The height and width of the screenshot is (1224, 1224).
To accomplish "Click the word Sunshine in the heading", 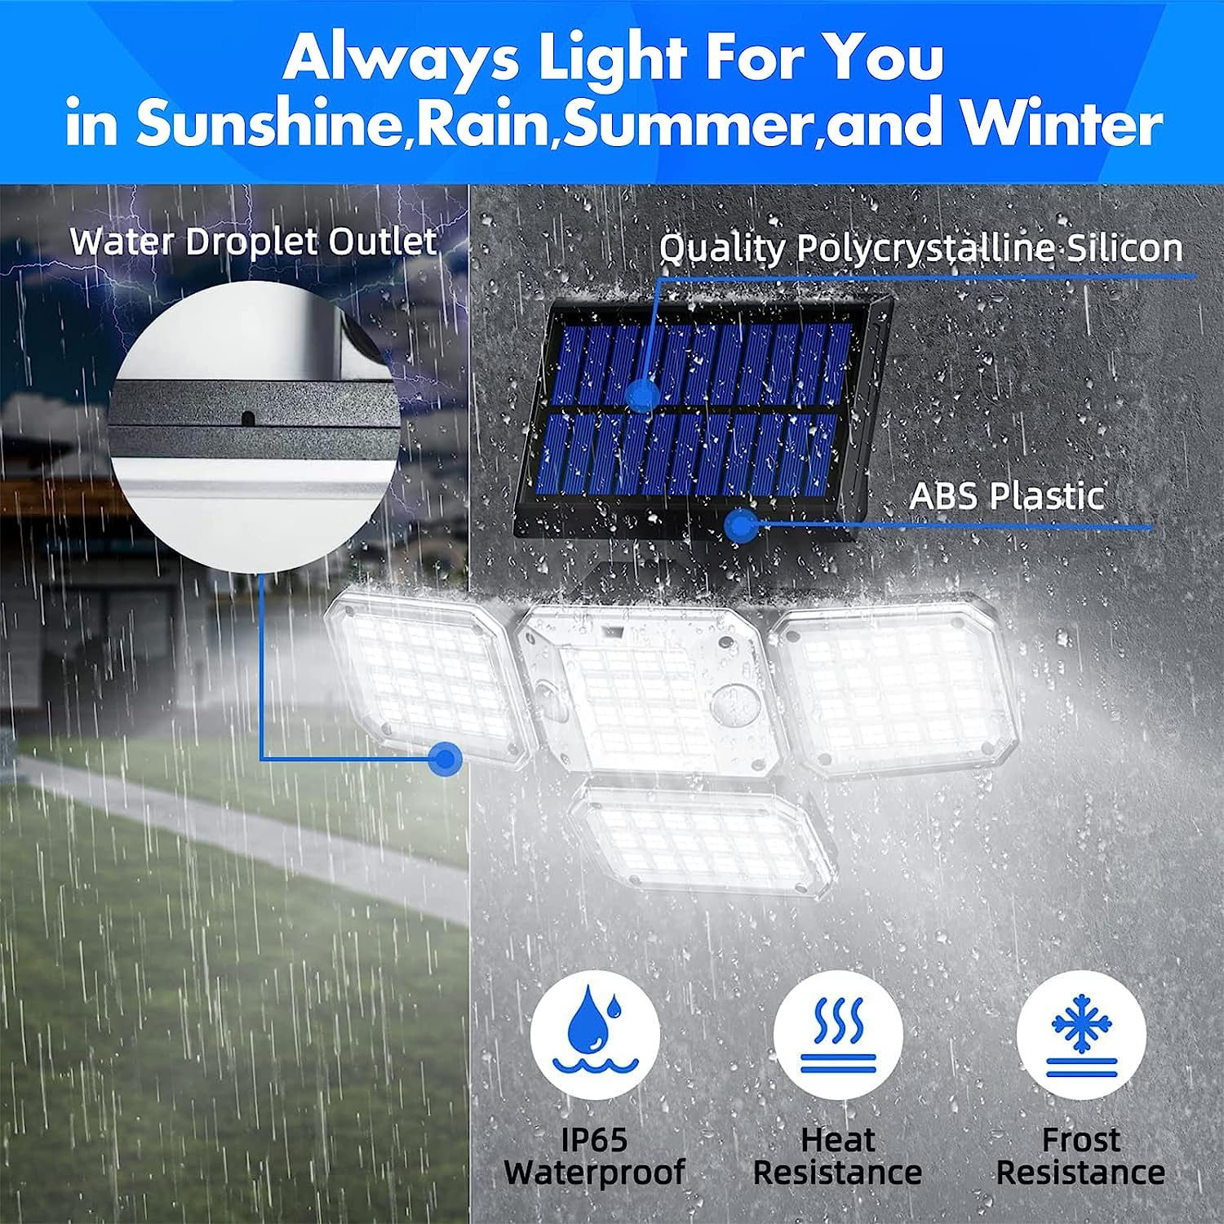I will point(269,124).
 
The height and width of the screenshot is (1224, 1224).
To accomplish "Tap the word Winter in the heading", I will point(1062,124).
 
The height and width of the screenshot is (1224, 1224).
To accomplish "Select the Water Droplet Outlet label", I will point(253,242).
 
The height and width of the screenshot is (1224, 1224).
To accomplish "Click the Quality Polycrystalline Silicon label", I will point(920,248).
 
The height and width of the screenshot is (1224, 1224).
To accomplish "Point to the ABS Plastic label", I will point(1007,495).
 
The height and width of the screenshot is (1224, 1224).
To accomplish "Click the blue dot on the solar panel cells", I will point(644,395).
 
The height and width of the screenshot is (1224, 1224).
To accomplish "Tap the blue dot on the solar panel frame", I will point(740,526).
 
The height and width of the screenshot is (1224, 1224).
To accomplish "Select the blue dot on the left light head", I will point(446,760).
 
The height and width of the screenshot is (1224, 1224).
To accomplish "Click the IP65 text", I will point(594,1140).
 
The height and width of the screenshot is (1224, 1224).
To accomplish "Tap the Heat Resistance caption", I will point(838,1156).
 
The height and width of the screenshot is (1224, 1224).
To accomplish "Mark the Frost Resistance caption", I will point(1081,1156).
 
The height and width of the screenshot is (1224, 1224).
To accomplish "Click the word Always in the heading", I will point(401,59).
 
